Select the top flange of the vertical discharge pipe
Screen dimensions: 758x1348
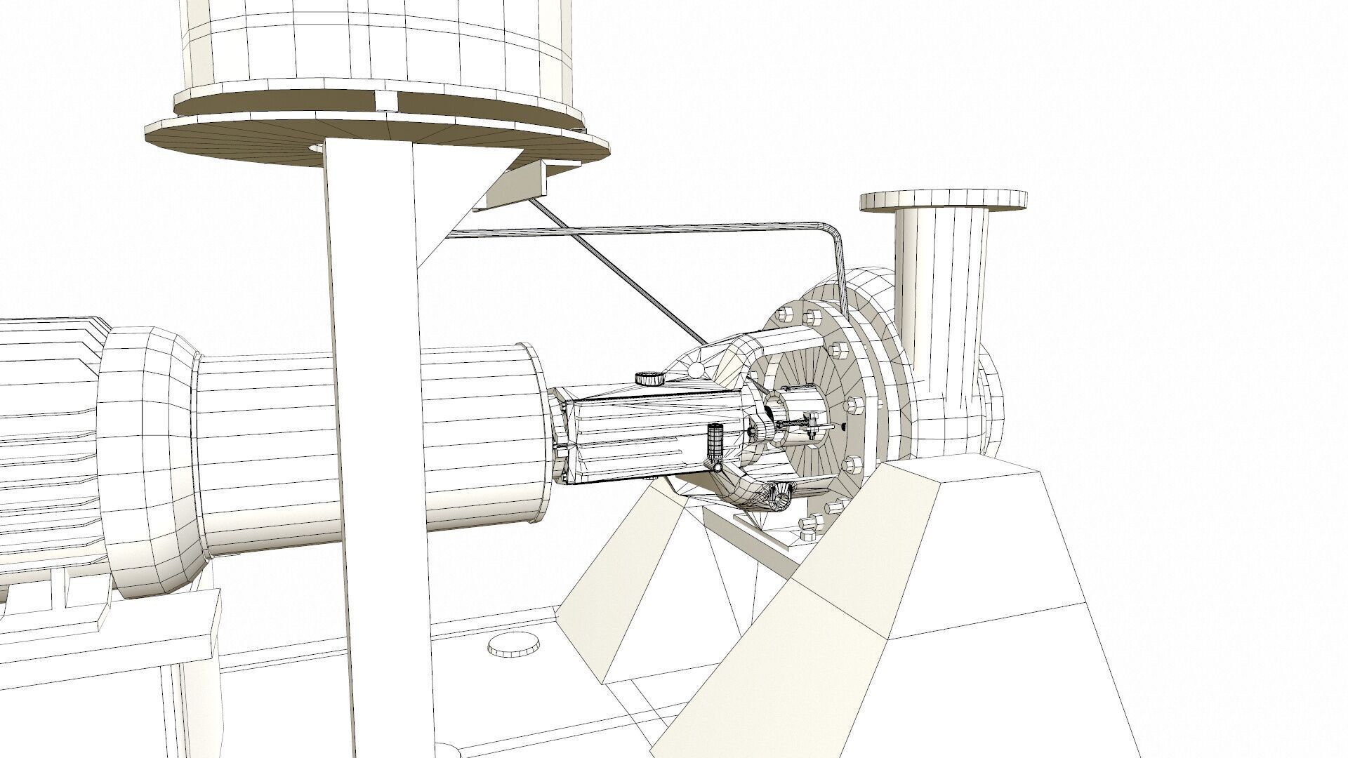point(943,201)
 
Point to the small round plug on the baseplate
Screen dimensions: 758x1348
point(513,644)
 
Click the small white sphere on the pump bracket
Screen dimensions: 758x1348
point(696,368)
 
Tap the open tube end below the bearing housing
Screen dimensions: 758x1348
point(780,499)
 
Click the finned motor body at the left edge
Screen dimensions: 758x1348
point(42,435)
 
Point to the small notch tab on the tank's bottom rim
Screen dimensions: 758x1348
point(385,101)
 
